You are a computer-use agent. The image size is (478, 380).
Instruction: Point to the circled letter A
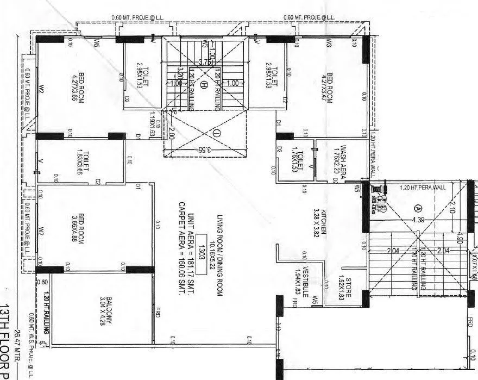click(x=418, y=208)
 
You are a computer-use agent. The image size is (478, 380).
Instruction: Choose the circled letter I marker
click(x=215, y=132)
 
